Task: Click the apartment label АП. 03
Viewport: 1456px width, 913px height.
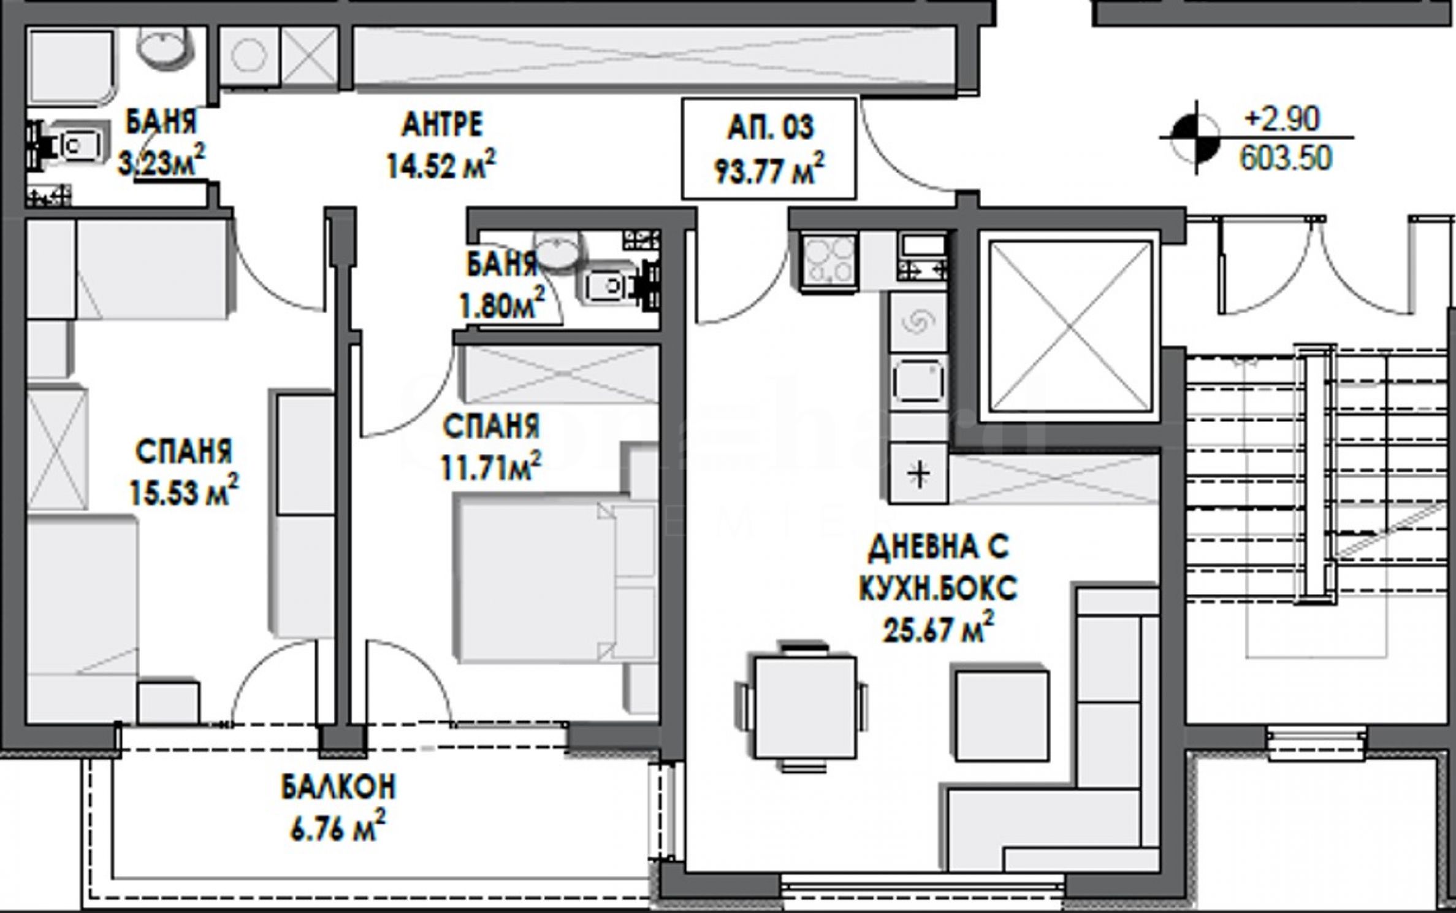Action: click(771, 127)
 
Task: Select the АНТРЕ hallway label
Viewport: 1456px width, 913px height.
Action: click(442, 125)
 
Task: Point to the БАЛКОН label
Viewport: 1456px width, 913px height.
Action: click(339, 787)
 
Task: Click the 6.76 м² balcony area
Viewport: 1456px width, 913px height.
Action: click(337, 830)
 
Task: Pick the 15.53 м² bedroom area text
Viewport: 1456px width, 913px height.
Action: click(183, 490)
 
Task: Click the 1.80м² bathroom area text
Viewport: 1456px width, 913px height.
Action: click(503, 305)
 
